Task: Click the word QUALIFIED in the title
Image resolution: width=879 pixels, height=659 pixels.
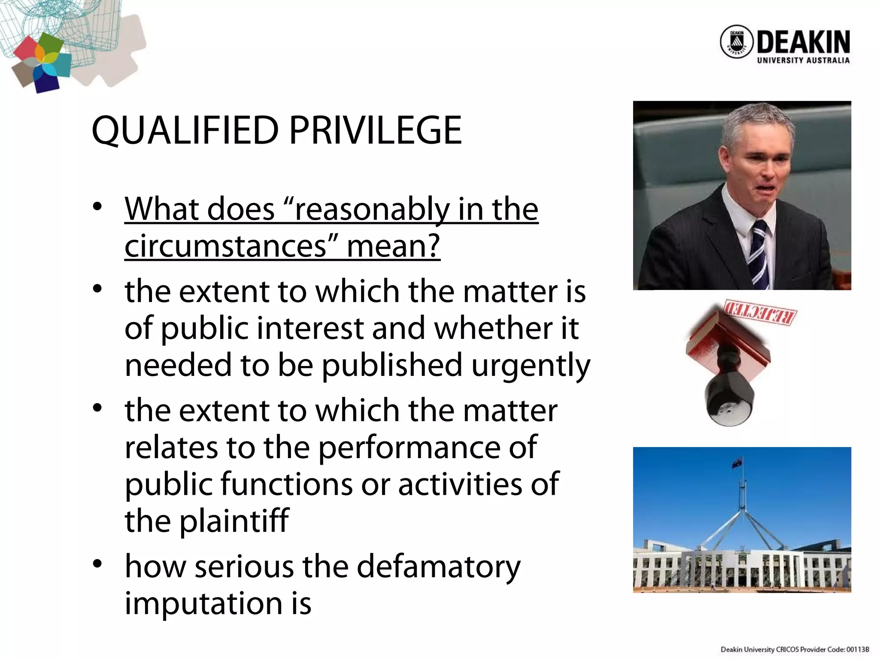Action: [x=185, y=130]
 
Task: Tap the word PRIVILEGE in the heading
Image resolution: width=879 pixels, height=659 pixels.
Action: [x=376, y=130]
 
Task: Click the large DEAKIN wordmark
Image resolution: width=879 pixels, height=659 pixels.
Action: [x=803, y=42]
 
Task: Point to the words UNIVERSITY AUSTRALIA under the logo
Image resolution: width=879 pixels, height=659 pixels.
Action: [x=803, y=60]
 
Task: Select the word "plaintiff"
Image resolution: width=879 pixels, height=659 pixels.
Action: [x=234, y=521]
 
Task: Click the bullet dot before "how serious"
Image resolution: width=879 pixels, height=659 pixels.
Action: [x=97, y=563]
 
